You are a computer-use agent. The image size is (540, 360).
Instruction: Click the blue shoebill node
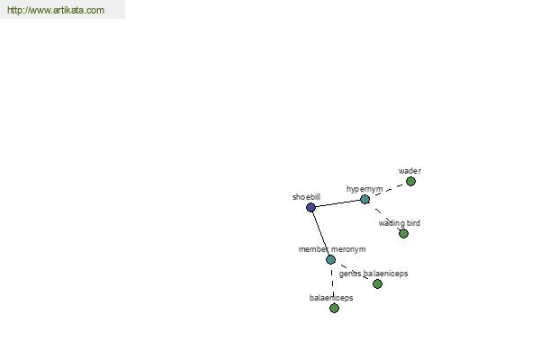[x=310, y=207]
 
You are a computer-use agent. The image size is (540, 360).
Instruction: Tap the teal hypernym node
[x=364, y=199]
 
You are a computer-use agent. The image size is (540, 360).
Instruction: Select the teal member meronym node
[x=330, y=259]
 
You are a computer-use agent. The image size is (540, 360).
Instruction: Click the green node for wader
[x=410, y=181]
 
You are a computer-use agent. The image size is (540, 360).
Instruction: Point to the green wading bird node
[x=403, y=234]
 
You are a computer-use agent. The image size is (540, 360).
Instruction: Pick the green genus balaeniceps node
[x=377, y=283]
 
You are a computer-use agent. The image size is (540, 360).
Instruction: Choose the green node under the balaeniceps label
[x=334, y=308]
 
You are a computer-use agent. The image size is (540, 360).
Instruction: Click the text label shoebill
[x=306, y=197]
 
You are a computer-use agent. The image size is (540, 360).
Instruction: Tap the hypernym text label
[x=364, y=189]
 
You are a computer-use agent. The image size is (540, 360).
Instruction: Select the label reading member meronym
[x=332, y=249]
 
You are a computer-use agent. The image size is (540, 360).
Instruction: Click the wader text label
[x=409, y=171]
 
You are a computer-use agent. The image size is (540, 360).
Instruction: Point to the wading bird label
[x=399, y=223]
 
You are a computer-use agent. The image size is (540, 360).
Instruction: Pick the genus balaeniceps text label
[x=373, y=274]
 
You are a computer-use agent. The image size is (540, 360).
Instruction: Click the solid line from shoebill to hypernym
[x=337, y=203]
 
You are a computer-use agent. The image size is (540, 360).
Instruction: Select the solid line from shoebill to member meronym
[x=320, y=233]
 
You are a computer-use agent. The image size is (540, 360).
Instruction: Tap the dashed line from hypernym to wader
[x=388, y=190]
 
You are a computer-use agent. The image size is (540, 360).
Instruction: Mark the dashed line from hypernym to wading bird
[x=384, y=216]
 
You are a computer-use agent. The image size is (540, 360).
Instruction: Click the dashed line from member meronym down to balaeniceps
[x=332, y=283]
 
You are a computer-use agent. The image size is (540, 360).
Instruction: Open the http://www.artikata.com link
[x=56, y=10]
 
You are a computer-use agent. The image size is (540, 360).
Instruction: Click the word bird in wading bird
[x=412, y=223]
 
